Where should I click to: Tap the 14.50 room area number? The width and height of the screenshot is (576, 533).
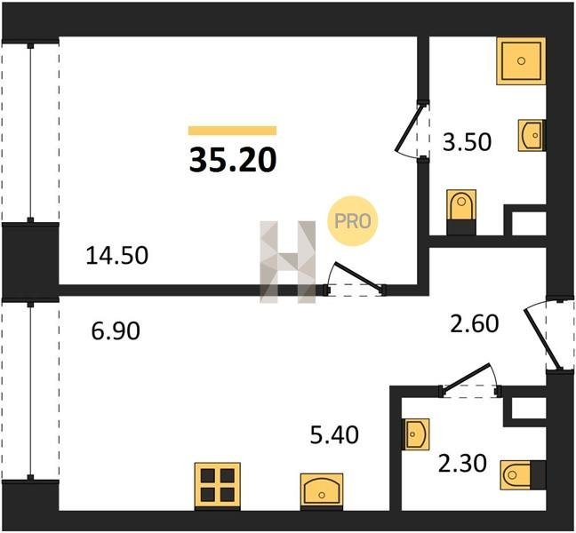pos(116,256)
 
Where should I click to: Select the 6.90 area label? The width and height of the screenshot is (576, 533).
pos(116,330)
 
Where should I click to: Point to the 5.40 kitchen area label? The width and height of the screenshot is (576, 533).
pos(334,435)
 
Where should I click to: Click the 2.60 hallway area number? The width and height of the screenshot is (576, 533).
pos(475,323)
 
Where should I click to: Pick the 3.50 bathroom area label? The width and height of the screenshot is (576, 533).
pos(467,142)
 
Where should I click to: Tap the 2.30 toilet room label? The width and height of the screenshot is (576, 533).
pos(462,463)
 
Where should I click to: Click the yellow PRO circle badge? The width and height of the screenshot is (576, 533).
pos(353,221)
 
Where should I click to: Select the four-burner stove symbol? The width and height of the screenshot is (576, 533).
pos(218,486)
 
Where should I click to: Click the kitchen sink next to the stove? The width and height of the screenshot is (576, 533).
pos(322,491)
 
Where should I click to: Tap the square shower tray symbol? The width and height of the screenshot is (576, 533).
pos(521,60)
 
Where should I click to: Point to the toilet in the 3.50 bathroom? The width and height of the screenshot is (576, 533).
pos(461,211)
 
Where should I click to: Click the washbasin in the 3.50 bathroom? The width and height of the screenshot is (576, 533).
pos(532,135)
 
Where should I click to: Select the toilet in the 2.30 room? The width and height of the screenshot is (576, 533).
pos(523,475)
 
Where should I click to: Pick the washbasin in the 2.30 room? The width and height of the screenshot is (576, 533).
pos(417,434)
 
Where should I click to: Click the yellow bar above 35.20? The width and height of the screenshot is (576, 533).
pos(233,131)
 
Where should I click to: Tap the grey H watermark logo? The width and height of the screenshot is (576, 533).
pos(288,262)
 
